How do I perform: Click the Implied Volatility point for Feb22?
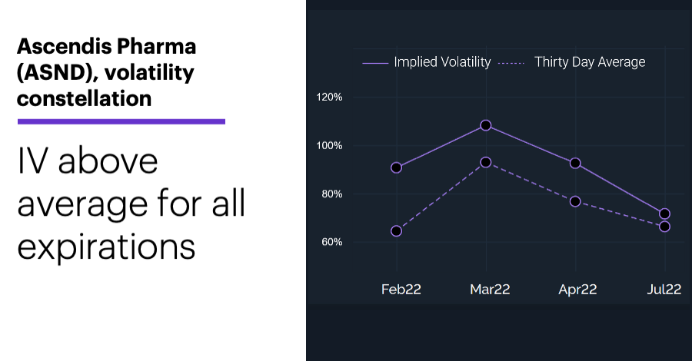[396, 168]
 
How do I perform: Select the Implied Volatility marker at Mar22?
[486, 126]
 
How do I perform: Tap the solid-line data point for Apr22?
[575, 164]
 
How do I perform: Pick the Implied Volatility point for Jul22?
[664, 214]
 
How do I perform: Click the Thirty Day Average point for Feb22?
[396, 231]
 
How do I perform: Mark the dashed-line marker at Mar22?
[486, 163]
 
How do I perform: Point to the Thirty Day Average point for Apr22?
[575, 201]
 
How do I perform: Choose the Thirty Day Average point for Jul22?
[664, 227]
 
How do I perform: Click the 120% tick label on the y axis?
[329, 97]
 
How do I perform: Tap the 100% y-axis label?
[329, 145]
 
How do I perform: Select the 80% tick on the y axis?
[332, 194]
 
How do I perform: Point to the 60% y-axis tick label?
[332, 242]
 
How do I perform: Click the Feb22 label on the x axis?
[401, 289]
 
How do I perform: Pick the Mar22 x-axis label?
[490, 289]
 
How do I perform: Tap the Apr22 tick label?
[577, 290]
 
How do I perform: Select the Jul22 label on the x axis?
[664, 289]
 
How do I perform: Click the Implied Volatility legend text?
[442, 62]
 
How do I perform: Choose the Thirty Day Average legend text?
[590, 62]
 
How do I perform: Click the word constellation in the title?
[85, 98]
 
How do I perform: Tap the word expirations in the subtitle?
[106, 247]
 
